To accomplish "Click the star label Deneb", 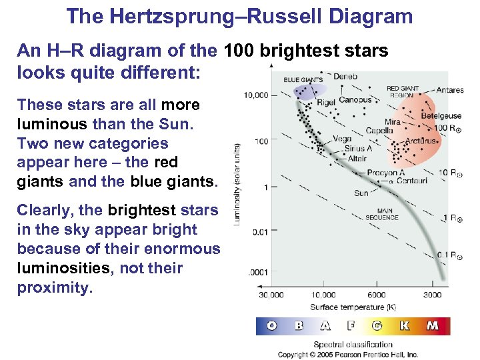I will pyautogui.click(x=345, y=77).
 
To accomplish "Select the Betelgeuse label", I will pyautogui.click(x=441, y=116).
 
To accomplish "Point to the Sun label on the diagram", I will pyautogui.click(x=361, y=193).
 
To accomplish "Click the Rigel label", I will pyautogui.click(x=325, y=102).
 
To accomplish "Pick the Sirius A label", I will pyautogui.click(x=359, y=149).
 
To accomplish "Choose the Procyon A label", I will pyautogui.click(x=382, y=173).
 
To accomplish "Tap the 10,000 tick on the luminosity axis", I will pyautogui.click(x=256, y=95).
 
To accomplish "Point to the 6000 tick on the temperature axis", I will pyautogui.click(x=376, y=295).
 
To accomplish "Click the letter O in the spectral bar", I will pyautogui.click(x=272, y=326).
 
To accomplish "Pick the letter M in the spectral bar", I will pyautogui.click(x=433, y=326).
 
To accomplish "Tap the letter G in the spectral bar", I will pyautogui.click(x=377, y=326).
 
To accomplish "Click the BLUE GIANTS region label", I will pyautogui.click(x=299, y=80).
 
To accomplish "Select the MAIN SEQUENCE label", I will pyautogui.click(x=382, y=214).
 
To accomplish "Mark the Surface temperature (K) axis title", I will pyautogui.click(x=348, y=307).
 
